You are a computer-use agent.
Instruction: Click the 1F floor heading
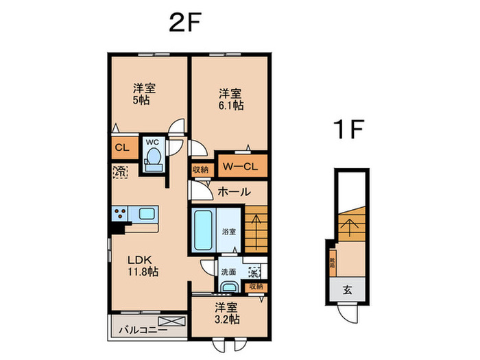pos(348,129)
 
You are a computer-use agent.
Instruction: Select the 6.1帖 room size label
pos(231,106)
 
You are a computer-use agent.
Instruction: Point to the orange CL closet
pos(123,147)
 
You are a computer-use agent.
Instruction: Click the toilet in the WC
pos(154,160)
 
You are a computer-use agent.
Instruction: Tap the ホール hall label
pos(234,193)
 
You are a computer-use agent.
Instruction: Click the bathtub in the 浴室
pos(204,231)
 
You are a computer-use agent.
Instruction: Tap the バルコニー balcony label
pos(136,328)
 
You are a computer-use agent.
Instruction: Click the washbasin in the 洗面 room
pos(229,288)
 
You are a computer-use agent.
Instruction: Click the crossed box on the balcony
pos(171,322)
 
